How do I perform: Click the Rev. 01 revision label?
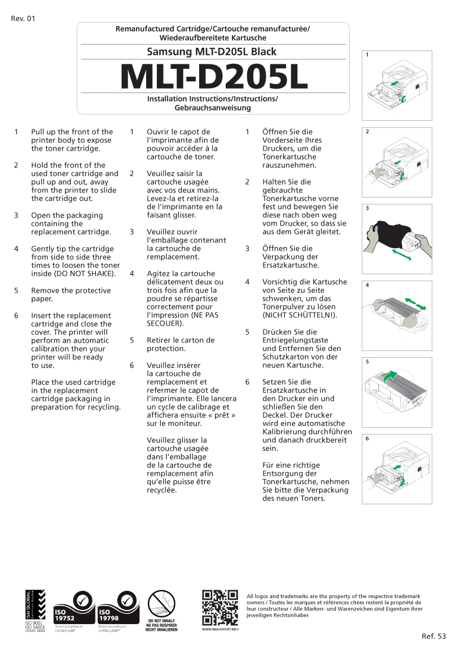pos(23,19)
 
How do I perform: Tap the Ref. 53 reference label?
pos(433,637)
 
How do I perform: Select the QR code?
pos(220,607)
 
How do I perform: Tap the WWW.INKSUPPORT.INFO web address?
pos(220,629)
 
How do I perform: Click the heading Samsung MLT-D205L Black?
pos(212,52)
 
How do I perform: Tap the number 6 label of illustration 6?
pos(367,438)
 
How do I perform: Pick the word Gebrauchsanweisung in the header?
pos(212,107)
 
